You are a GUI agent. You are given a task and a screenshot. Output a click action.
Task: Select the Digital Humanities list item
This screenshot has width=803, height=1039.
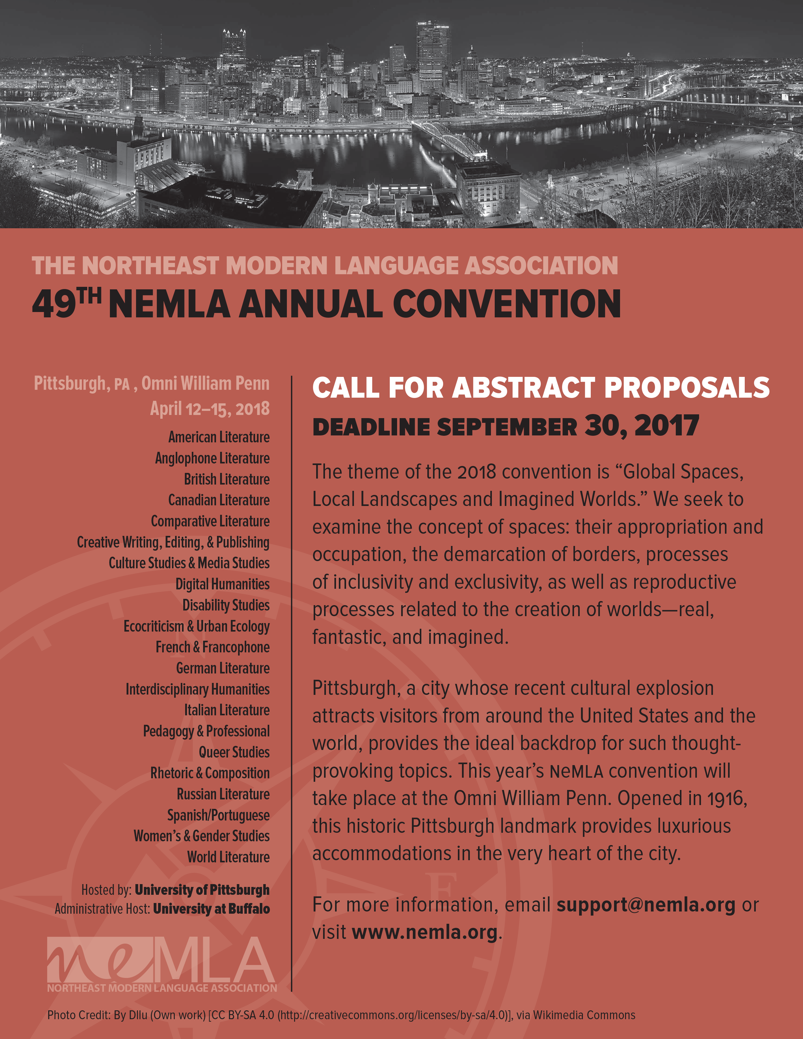222,584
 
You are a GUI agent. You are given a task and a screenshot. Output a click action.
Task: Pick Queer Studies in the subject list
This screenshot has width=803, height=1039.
234,752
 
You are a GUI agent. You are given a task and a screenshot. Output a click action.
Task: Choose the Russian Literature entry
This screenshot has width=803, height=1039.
223,794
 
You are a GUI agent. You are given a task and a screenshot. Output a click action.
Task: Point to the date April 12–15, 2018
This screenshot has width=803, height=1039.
210,409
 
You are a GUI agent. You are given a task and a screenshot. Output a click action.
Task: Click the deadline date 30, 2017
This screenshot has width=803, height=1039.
642,425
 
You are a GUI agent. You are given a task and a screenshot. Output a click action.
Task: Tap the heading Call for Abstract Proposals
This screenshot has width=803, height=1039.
540,387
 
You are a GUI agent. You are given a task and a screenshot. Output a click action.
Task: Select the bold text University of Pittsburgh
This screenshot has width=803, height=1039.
202,890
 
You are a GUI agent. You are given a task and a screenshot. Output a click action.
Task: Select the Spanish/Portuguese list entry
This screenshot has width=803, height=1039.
218,815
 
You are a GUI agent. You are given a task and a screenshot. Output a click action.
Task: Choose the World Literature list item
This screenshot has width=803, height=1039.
228,857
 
